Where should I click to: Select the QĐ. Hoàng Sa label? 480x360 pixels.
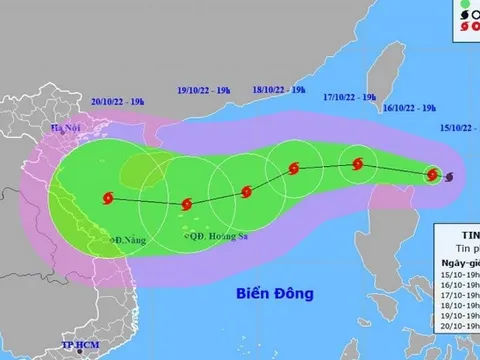pos(214,236)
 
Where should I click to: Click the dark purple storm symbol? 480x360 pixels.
pos(447,178)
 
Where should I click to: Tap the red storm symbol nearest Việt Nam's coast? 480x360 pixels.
pos(107,199)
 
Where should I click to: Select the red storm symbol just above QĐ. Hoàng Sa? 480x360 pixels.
pos(184,204)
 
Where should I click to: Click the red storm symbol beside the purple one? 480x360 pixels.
pos(431,175)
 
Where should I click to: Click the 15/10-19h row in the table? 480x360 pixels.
pos(458,271)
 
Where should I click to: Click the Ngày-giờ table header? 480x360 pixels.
pos(459,258)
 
